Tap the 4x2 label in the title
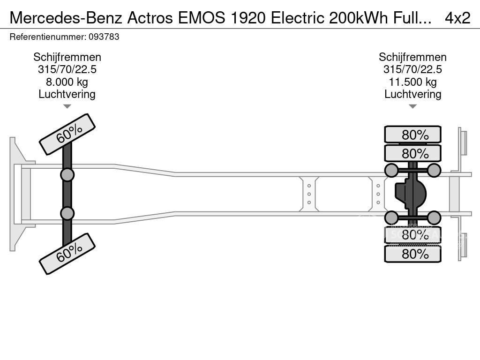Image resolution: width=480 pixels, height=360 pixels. [x=457, y=18]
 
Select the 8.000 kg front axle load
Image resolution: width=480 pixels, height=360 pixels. [x=67, y=82]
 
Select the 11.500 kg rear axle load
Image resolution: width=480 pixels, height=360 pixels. [x=412, y=82]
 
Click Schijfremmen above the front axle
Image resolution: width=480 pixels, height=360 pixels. [x=67, y=57]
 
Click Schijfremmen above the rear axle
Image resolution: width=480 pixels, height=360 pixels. [x=412, y=57]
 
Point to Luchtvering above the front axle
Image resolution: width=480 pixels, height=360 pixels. [x=67, y=94]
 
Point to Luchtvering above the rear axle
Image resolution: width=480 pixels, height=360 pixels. [x=412, y=94]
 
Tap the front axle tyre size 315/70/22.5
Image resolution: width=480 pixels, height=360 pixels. [x=67, y=69]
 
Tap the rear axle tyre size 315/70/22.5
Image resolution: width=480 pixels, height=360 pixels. [x=412, y=69]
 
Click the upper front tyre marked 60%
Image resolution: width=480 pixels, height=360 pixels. [x=67, y=134]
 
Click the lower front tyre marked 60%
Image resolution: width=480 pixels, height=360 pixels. [x=67, y=254]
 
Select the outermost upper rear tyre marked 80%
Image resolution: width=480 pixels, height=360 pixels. [x=412, y=135]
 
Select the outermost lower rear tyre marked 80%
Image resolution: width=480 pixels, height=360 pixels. [x=412, y=254]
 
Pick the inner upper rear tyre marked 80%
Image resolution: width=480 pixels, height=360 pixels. [x=412, y=153]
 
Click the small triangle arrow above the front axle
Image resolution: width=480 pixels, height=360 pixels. [x=67, y=106]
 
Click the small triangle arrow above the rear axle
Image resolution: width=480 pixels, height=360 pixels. [x=412, y=106]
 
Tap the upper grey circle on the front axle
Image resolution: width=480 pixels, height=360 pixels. [x=67, y=175]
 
